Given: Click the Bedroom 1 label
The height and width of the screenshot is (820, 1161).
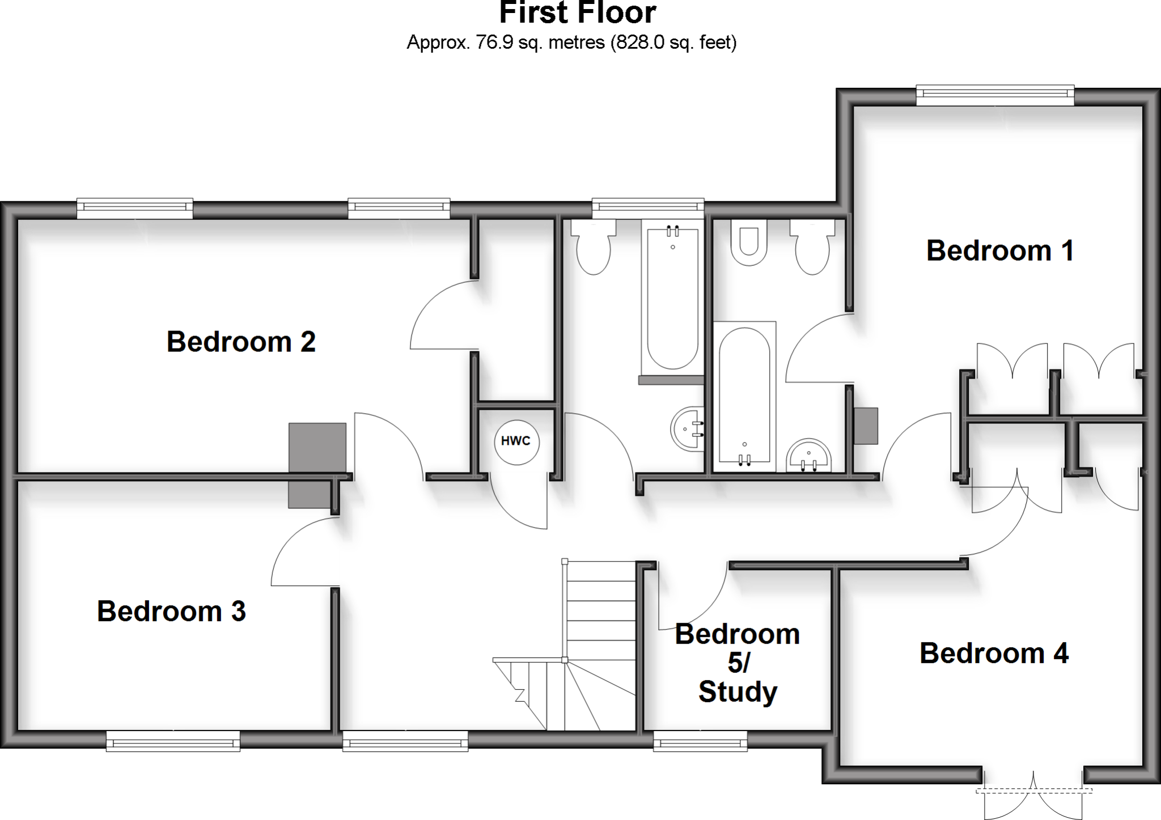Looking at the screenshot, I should click(x=999, y=251).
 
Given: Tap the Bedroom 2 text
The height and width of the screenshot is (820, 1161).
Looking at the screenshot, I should click(x=241, y=342).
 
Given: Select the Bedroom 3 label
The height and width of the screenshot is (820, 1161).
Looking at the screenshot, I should click(x=171, y=611).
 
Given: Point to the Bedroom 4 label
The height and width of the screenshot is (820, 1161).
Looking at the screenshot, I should click(x=994, y=653).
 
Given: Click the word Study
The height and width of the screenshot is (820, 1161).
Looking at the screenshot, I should click(x=738, y=692).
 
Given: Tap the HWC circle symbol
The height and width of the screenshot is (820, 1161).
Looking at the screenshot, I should click(x=516, y=441).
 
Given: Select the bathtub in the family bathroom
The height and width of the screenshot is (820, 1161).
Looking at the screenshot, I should click(x=672, y=298).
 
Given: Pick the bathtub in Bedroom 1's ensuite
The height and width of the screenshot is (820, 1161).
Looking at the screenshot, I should click(x=744, y=397).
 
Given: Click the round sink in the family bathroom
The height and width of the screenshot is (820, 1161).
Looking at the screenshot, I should click(x=687, y=429).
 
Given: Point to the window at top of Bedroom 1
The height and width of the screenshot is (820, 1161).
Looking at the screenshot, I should click(x=995, y=95).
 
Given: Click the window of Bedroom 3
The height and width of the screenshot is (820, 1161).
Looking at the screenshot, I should click(x=173, y=741).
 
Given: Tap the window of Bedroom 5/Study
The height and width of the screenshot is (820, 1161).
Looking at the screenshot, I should click(x=700, y=741).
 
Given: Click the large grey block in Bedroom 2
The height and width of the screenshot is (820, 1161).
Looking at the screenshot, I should click(x=317, y=447).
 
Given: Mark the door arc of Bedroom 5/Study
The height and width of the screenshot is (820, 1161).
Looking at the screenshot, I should click(x=692, y=601).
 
